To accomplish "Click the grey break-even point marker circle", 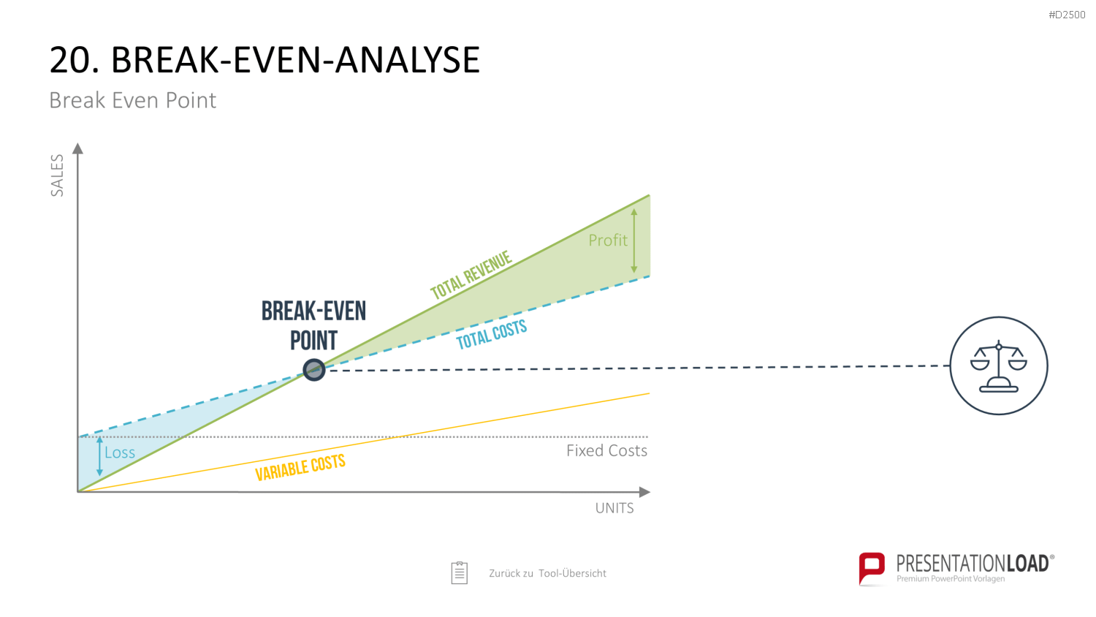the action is click(x=314, y=370).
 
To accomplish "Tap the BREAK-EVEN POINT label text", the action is click(x=313, y=326).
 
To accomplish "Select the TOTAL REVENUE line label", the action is click(x=471, y=275).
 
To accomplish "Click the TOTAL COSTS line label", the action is click(x=491, y=334).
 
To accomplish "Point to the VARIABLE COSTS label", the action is click(x=300, y=467).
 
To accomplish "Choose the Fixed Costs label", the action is click(x=606, y=450).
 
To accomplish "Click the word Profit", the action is click(x=608, y=240).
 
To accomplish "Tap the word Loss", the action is click(x=120, y=453).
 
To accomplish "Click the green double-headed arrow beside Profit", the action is click(x=634, y=241).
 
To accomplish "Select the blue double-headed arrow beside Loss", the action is click(x=99, y=456).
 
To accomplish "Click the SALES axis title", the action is click(x=57, y=175).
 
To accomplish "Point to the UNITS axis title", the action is click(x=614, y=508).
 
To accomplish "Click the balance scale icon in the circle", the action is click(x=999, y=366).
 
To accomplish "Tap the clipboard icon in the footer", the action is click(x=460, y=573).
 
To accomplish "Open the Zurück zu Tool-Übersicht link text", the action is click(x=547, y=573).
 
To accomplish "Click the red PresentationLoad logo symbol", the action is click(x=872, y=568).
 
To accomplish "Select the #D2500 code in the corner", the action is click(x=1067, y=15).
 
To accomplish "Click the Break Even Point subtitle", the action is click(x=132, y=100).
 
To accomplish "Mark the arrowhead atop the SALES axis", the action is click(x=77, y=148).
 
